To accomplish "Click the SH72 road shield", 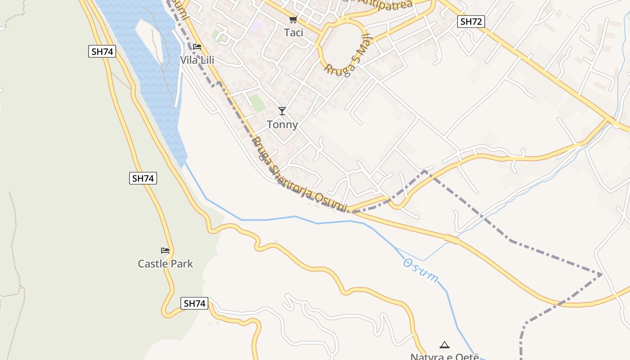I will click(x=471, y=21).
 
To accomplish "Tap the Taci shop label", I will click(x=293, y=33).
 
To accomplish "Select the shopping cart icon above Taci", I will click(x=293, y=19).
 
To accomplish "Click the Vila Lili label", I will click(x=197, y=60).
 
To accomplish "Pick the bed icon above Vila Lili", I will click(x=197, y=46).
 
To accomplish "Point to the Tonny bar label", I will click(x=282, y=125).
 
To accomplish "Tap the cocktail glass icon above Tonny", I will click(x=282, y=111).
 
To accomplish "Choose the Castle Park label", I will click(x=165, y=264).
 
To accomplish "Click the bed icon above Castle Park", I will click(x=165, y=251).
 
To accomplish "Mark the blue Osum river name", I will click(x=420, y=270).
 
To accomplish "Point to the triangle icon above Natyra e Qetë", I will click(x=445, y=345).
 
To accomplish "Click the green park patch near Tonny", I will click(x=258, y=103).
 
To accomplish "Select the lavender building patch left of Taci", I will click(x=257, y=27).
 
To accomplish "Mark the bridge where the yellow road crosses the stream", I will click(x=451, y=239).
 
